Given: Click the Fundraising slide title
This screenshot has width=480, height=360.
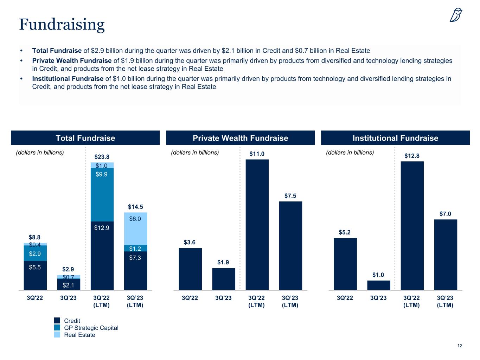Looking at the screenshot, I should (62, 24).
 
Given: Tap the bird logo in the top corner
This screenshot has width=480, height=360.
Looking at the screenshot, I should (456, 15).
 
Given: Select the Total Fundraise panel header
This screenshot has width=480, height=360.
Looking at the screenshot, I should (85, 138).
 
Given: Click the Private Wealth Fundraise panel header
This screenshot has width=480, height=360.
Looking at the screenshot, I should (240, 138).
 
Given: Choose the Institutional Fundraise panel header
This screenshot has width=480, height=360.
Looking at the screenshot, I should (395, 138).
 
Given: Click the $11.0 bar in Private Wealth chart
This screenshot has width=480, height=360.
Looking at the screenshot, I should (257, 225).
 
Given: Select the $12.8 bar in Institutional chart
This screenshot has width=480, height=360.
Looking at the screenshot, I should (412, 226).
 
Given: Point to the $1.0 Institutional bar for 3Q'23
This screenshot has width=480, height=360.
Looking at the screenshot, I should (379, 285).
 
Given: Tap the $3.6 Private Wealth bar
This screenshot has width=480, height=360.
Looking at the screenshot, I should (190, 269).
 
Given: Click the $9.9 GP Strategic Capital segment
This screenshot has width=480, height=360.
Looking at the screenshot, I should (102, 194).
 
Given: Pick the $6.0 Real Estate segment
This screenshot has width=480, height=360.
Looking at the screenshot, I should (135, 229).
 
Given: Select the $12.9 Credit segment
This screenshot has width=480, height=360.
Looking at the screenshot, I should (102, 256).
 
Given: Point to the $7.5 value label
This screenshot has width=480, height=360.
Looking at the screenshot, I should (290, 195).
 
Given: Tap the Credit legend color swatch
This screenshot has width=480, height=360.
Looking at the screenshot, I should (57, 321).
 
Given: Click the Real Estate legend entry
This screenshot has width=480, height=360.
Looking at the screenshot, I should (79, 335).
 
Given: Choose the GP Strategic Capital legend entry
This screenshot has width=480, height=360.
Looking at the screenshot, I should (91, 328).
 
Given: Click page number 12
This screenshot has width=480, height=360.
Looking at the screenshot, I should (460, 346).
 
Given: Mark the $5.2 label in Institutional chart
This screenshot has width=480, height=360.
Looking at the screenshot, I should (345, 232).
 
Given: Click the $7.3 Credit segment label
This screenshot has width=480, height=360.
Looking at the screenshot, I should (135, 258).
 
